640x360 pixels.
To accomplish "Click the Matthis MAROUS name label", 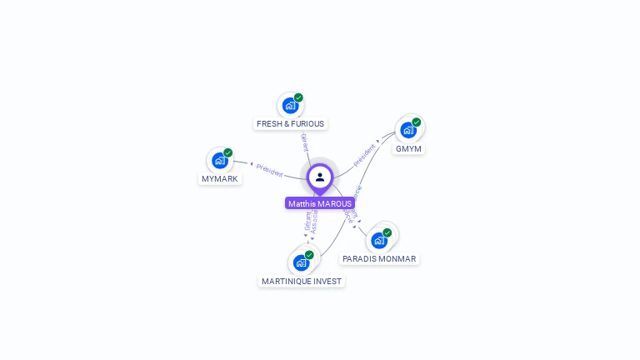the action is click(x=320, y=203).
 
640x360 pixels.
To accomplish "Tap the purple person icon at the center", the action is click(x=320, y=177).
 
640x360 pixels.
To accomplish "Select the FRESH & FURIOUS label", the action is click(x=290, y=124).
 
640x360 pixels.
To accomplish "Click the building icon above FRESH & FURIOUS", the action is click(x=289, y=106).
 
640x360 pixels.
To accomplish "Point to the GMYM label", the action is click(x=408, y=149).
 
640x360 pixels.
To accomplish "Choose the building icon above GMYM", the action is click(x=407, y=130).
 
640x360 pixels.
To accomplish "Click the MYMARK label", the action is click(x=220, y=179).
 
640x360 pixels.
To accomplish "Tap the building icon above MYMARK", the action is click(x=220, y=160).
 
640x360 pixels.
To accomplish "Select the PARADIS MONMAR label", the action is click(x=379, y=259).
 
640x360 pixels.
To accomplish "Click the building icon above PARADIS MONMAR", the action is click(x=379, y=240).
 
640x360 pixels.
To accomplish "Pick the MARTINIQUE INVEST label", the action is click(x=302, y=282).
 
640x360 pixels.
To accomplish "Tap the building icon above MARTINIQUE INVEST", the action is click(x=301, y=262).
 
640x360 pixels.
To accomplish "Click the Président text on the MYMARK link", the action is click(x=269, y=169).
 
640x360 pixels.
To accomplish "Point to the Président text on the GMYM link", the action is click(x=365, y=154).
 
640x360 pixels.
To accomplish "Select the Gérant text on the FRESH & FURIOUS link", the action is click(x=304, y=141).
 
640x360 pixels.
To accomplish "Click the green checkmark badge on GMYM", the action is click(x=416, y=122).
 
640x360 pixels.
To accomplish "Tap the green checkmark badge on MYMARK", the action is click(x=228, y=152).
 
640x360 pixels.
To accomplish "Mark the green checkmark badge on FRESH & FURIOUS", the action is click(x=298, y=97).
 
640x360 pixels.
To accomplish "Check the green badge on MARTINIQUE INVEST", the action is click(x=309, y=255).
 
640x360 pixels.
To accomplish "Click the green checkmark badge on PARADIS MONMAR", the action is click(x=387, y=232).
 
